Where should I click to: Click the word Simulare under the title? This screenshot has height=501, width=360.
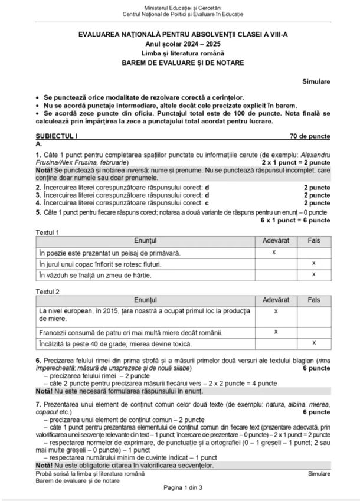pyautogui.click(x=316, y=81)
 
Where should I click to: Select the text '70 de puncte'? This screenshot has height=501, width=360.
pyautogui.click(x=310, y=136)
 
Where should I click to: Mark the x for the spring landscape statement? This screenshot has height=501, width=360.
pyautogui.click(x=274, y=253)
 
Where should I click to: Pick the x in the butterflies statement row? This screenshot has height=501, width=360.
pyautogui.click(x=313, y=263)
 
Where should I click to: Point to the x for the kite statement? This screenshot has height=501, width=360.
pyautogui.click(x=313, y=274)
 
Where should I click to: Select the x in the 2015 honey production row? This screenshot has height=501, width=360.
pyautogui.click(x=276, y=311)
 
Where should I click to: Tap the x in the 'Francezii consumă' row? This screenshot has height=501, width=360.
pyautogui.click(x=276, y=332)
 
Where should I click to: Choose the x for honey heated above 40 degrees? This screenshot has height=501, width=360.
pyautogui.click(x=313, y=342)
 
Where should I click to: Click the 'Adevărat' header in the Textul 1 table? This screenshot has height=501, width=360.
pyautogui.click(x=276, y=241)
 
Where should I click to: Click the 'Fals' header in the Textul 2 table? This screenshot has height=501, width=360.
pyautogui.click(x=313, y=300)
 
